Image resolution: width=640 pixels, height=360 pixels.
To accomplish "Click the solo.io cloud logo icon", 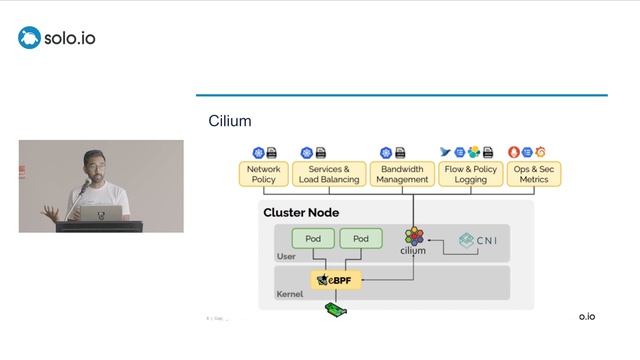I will coord(29,38).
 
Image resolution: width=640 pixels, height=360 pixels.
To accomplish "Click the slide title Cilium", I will coord(229,121).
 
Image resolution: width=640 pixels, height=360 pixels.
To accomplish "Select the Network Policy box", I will coord(264,174).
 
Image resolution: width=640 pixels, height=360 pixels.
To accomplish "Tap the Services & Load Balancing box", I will coord(329,174).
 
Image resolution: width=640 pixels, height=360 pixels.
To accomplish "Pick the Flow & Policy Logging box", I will coord(470,174).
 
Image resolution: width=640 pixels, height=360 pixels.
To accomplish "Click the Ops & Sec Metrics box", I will coord(533,174).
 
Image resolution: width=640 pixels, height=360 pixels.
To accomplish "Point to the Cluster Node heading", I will coord(300,212).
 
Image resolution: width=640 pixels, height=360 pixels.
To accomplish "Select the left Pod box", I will coord(312,239).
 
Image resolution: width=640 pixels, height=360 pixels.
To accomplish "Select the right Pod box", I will coord(360,239).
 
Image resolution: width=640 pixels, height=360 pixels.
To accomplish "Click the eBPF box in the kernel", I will coord(336,281).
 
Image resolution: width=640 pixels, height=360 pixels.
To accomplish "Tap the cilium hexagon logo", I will coord(413,237).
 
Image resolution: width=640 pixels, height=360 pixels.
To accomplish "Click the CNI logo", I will coord(478,240).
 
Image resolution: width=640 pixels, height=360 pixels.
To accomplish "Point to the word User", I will coord(286,257).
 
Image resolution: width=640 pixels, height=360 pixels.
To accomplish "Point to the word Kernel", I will coord(289,295).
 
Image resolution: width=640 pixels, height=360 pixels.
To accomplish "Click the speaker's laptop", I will coord(101,213).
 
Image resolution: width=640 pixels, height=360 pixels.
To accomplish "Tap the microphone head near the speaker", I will coord(84,187).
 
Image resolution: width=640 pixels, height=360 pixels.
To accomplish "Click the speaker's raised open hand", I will coord(47,210).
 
